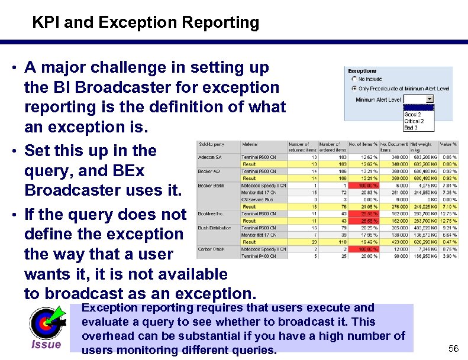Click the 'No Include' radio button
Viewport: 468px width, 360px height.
354,79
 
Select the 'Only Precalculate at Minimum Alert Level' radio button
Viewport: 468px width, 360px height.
354,89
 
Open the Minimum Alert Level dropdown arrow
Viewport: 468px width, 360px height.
430,99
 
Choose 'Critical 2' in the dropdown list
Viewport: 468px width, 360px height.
414,121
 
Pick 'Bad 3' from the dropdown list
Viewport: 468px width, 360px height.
412,127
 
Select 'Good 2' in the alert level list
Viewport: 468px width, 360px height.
413,115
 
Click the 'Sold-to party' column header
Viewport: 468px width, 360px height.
211,144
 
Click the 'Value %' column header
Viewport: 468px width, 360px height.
449,144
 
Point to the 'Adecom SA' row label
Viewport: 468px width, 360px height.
210,157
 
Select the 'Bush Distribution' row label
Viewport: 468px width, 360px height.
215,228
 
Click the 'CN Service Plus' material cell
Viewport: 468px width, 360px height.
259,200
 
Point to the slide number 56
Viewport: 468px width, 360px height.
453,349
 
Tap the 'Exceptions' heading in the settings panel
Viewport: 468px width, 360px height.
362,71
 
